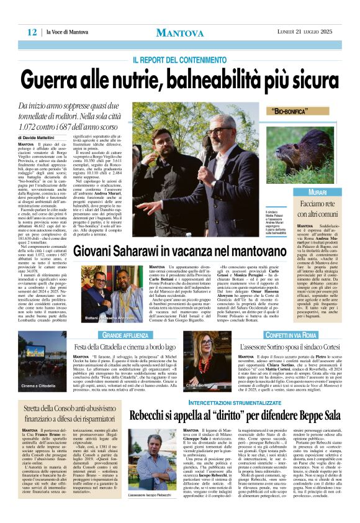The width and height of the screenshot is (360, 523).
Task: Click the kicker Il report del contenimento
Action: (x=179, y=60)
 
